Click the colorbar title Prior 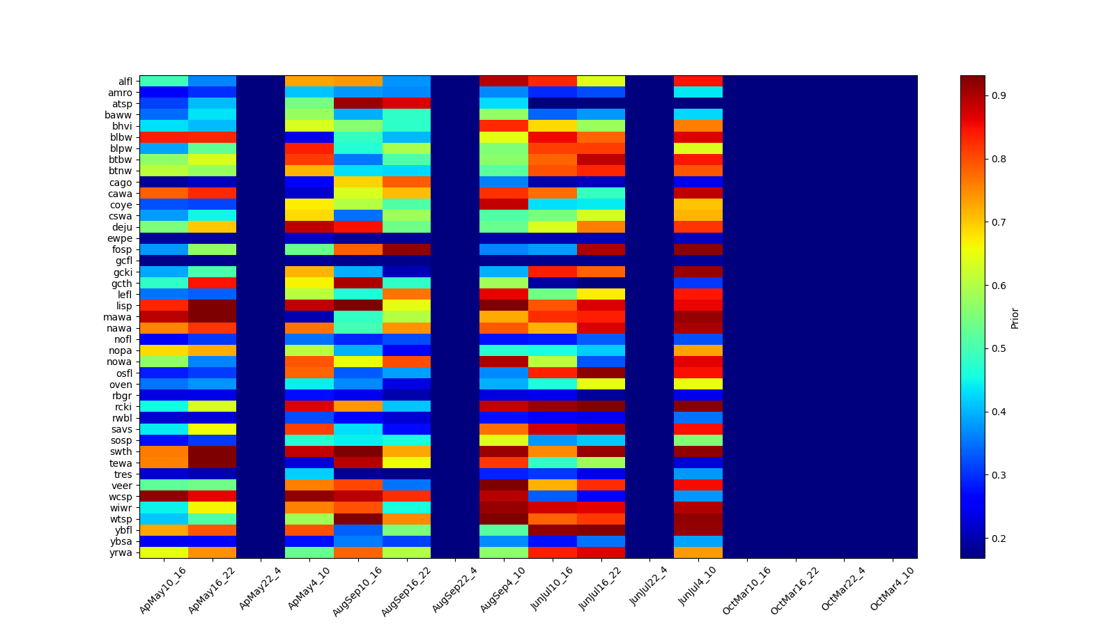[1015, 318]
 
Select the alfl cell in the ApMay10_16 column [164, 82]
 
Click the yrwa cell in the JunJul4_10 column [698, 552]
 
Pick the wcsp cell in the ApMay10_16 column [164, 497]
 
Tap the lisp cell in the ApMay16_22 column [213, 306]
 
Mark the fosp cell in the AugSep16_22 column [406, 249]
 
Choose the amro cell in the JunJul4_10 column [698, 93]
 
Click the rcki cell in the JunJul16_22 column [601, 407]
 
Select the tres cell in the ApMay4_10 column [309, 474]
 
